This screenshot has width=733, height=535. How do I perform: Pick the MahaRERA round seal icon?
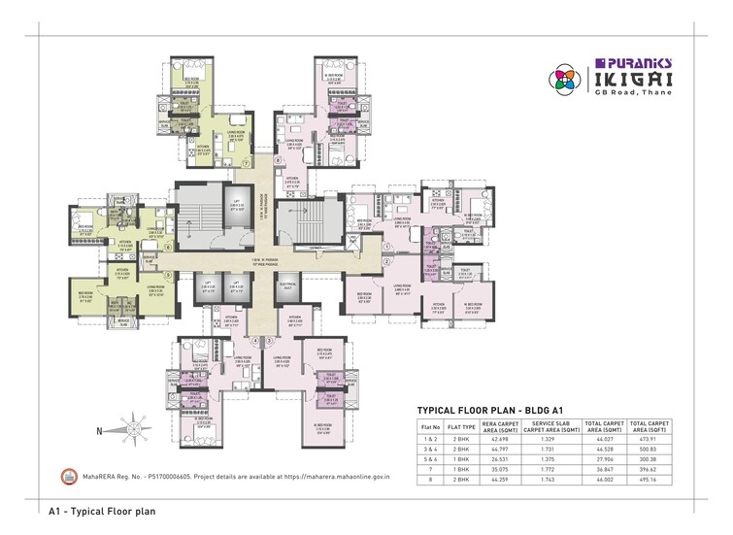(69, 477)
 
